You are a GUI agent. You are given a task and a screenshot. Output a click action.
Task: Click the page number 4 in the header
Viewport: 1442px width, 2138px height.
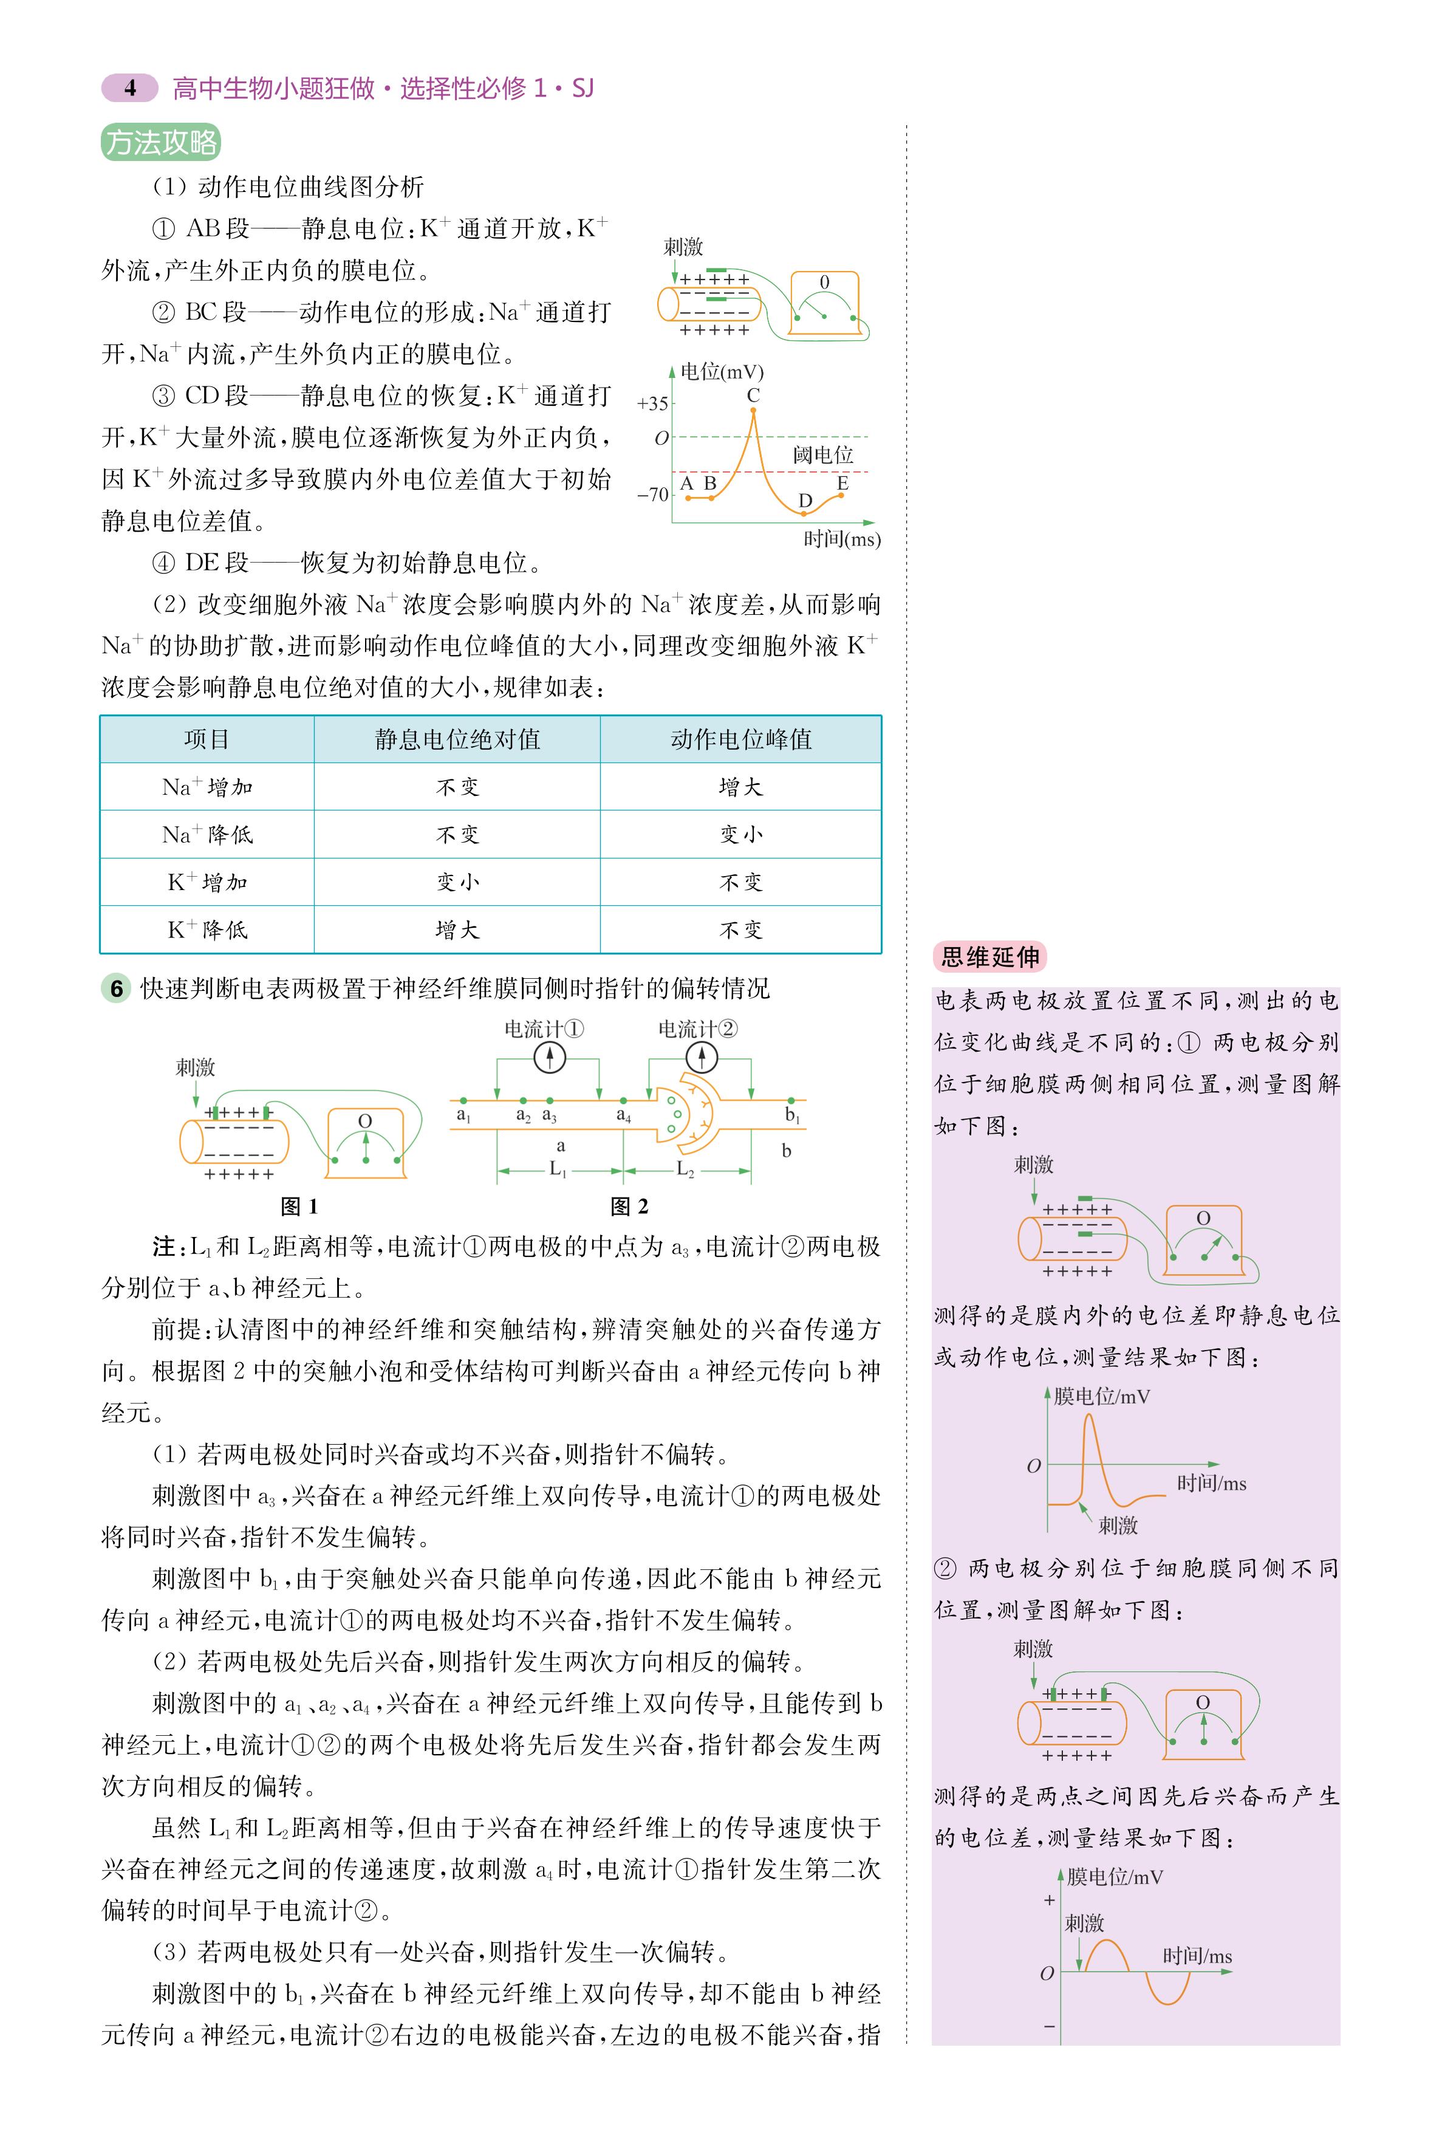(129, 88)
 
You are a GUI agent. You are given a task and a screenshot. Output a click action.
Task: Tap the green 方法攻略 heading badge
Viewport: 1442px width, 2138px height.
(161, 143)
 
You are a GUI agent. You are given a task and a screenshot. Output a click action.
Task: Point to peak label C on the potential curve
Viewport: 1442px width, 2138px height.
(753, 396)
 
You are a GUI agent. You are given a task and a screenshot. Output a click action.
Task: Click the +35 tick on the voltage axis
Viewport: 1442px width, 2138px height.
(653, 403)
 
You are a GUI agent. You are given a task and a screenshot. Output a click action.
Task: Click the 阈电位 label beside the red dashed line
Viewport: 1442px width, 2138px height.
(823, 455)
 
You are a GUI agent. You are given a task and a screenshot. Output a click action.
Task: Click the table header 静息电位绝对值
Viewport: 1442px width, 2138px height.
(457, 739)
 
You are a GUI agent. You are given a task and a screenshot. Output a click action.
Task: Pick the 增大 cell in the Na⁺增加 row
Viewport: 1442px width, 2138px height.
(740, 787)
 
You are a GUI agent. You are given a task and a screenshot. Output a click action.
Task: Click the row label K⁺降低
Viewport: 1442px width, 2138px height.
(207, 930)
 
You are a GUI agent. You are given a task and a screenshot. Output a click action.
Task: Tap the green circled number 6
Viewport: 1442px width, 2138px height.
(116, 988)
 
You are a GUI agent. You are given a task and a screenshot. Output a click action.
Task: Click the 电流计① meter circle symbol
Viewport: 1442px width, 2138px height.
(549, 1058)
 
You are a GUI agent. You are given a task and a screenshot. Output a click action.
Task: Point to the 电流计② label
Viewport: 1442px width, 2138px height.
(697, 1029)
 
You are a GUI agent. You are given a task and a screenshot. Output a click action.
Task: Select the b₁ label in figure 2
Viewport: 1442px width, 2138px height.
(792, 1115)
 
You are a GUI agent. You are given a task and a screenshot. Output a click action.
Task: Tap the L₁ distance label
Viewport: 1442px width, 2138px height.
(558, 1170)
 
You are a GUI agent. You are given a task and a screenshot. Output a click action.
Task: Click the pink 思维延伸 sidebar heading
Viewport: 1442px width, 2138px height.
(989, 958)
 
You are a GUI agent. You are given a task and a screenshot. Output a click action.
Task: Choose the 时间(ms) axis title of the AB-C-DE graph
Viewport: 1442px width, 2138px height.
(841, 540)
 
